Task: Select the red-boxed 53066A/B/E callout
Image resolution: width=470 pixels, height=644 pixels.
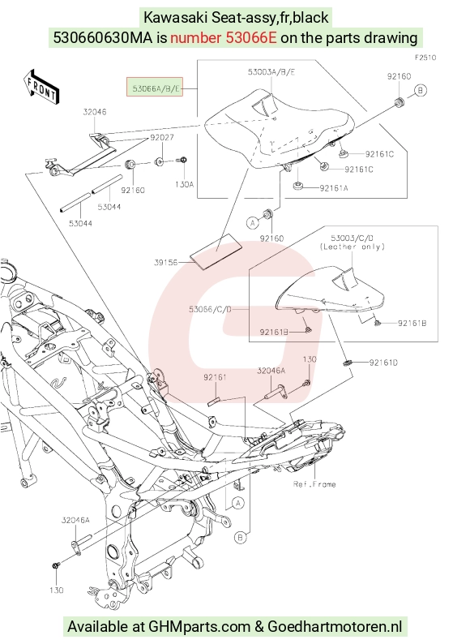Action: [x=154, y=87]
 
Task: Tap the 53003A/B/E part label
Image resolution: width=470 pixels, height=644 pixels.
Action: [x=271, y=72]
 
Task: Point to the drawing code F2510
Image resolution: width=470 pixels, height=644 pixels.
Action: [x=425, y=58]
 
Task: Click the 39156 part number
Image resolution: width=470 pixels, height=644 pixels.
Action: [x=166, y=263]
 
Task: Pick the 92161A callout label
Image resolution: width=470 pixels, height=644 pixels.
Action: [x=334, y=188]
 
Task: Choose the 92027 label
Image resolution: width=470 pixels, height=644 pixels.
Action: [x=162, y=138]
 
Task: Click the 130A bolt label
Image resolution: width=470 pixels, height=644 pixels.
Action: [x=184, y=184]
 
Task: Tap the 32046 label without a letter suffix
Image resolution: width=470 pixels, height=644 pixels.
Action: [x=95, y=112]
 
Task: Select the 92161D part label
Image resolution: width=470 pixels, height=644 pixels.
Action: [x=383, y=363]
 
